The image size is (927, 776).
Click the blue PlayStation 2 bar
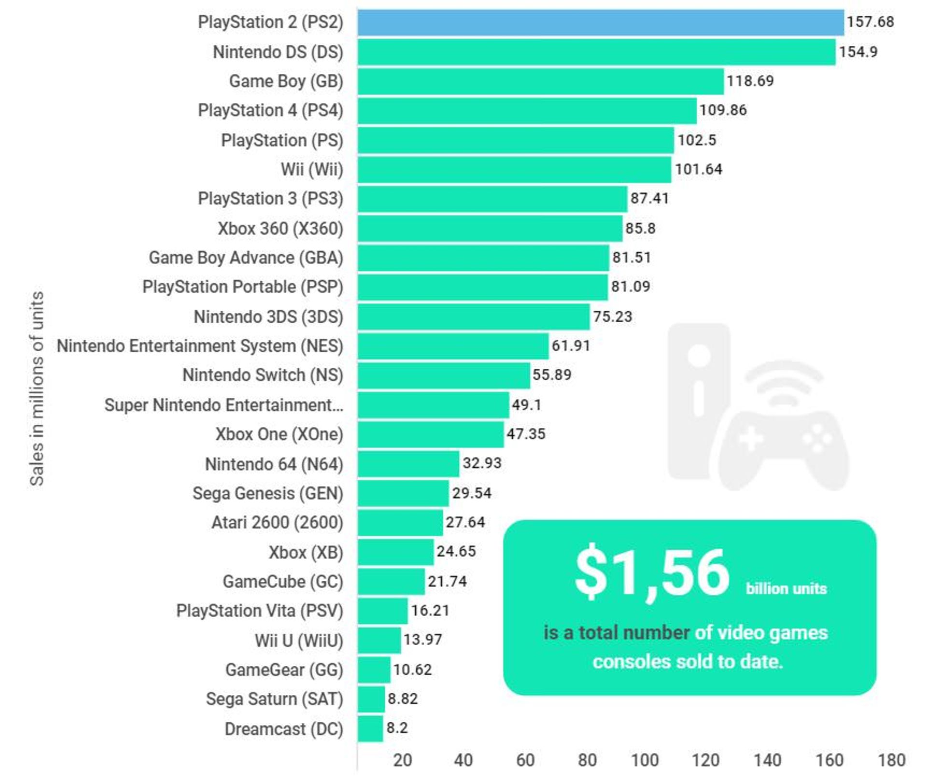[601, 22]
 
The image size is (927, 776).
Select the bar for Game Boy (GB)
[541, 81]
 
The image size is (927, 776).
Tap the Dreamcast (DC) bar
[370, 729]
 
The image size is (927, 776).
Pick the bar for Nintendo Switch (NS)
[444, 375]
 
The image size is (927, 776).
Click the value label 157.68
[870, 22]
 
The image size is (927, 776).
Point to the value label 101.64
[698, 170]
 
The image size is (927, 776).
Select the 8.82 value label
[402, 699]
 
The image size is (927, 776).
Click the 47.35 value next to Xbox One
[526, 434]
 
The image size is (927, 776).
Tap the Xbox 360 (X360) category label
[280, 229]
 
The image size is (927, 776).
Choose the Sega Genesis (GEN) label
[267, 493]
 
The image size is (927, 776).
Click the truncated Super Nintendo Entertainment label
[224, 405]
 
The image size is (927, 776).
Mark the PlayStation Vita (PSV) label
[259, 611]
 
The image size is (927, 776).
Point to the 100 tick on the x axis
[645, 760]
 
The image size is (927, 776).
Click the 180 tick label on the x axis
[891, 760]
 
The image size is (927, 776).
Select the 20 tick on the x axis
[402, 760]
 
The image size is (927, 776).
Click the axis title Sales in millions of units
[37, 388]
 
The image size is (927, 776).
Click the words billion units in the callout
[786, 589]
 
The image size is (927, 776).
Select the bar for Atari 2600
[400, 522]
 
